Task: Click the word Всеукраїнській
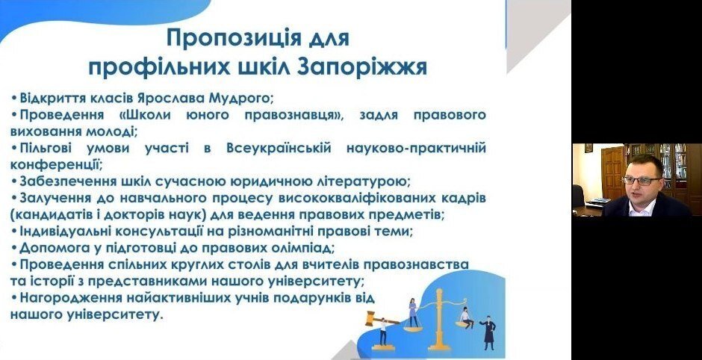click(279, 148)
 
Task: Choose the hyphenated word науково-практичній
click(416, 148)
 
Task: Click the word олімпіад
click(304, 248)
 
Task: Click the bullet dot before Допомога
click(14, 248)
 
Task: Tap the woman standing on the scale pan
click(413, 312)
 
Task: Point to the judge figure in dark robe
click(488, 332)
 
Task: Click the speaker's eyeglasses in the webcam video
click(641, 181)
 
